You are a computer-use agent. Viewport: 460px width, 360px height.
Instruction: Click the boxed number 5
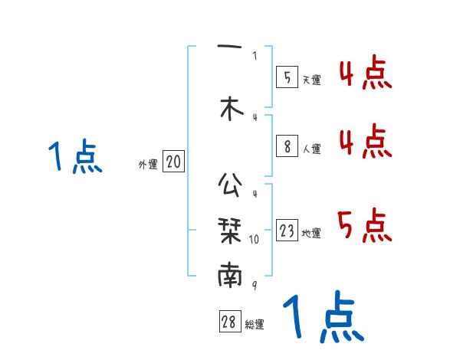point(287,77)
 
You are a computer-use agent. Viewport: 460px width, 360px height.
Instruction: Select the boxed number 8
point(287,146)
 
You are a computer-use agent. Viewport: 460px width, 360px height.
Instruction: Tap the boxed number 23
point(287,231)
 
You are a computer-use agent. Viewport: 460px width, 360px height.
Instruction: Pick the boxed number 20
point(173,162)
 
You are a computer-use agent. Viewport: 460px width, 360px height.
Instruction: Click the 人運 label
point(310,149)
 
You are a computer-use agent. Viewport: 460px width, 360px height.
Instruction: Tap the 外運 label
point(148,164)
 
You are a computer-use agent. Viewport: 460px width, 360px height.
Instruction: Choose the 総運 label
point(255,325)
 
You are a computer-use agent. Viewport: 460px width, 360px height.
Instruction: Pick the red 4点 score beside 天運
point(364,75)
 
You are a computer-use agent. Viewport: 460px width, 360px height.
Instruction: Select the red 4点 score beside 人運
point(364,142)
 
